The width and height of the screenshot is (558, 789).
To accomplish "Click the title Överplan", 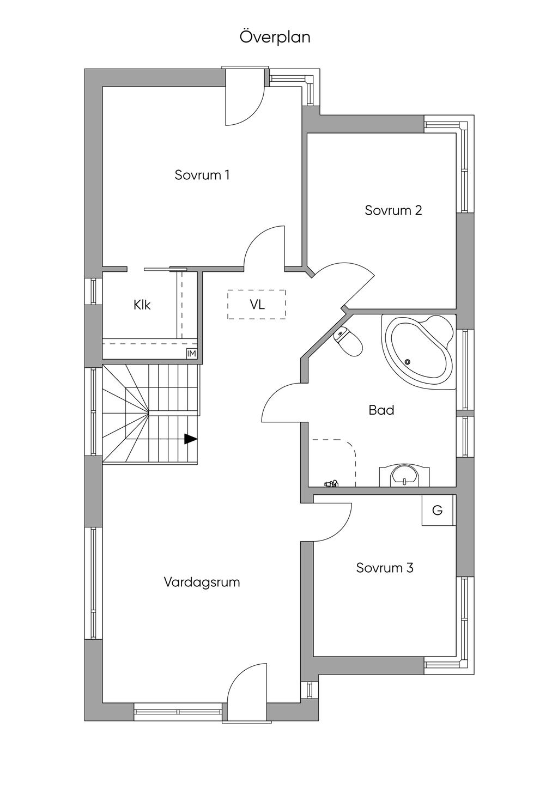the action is pos(275,37).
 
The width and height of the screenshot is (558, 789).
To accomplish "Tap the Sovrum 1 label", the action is pos(202,175).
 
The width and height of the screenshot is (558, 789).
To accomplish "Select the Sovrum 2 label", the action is pos(393,210).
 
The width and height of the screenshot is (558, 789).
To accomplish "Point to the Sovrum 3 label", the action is pos(385,568).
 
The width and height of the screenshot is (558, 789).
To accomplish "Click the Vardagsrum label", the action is pos(202,582).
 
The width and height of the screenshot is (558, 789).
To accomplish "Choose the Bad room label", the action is pos(381,410).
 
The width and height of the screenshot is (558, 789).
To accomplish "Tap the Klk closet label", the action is pos(142,305).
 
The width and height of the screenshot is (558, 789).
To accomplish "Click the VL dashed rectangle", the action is pos(257,305).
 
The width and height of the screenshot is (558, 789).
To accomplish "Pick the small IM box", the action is pos(191,354).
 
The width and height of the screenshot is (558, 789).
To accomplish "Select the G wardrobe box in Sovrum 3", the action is pos(438,511).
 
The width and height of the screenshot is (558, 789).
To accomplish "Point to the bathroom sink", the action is pos(404,475).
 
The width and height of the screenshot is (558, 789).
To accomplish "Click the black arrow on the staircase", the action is pos(190,439).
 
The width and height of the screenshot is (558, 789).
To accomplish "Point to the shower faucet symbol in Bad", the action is pos(331,482).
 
